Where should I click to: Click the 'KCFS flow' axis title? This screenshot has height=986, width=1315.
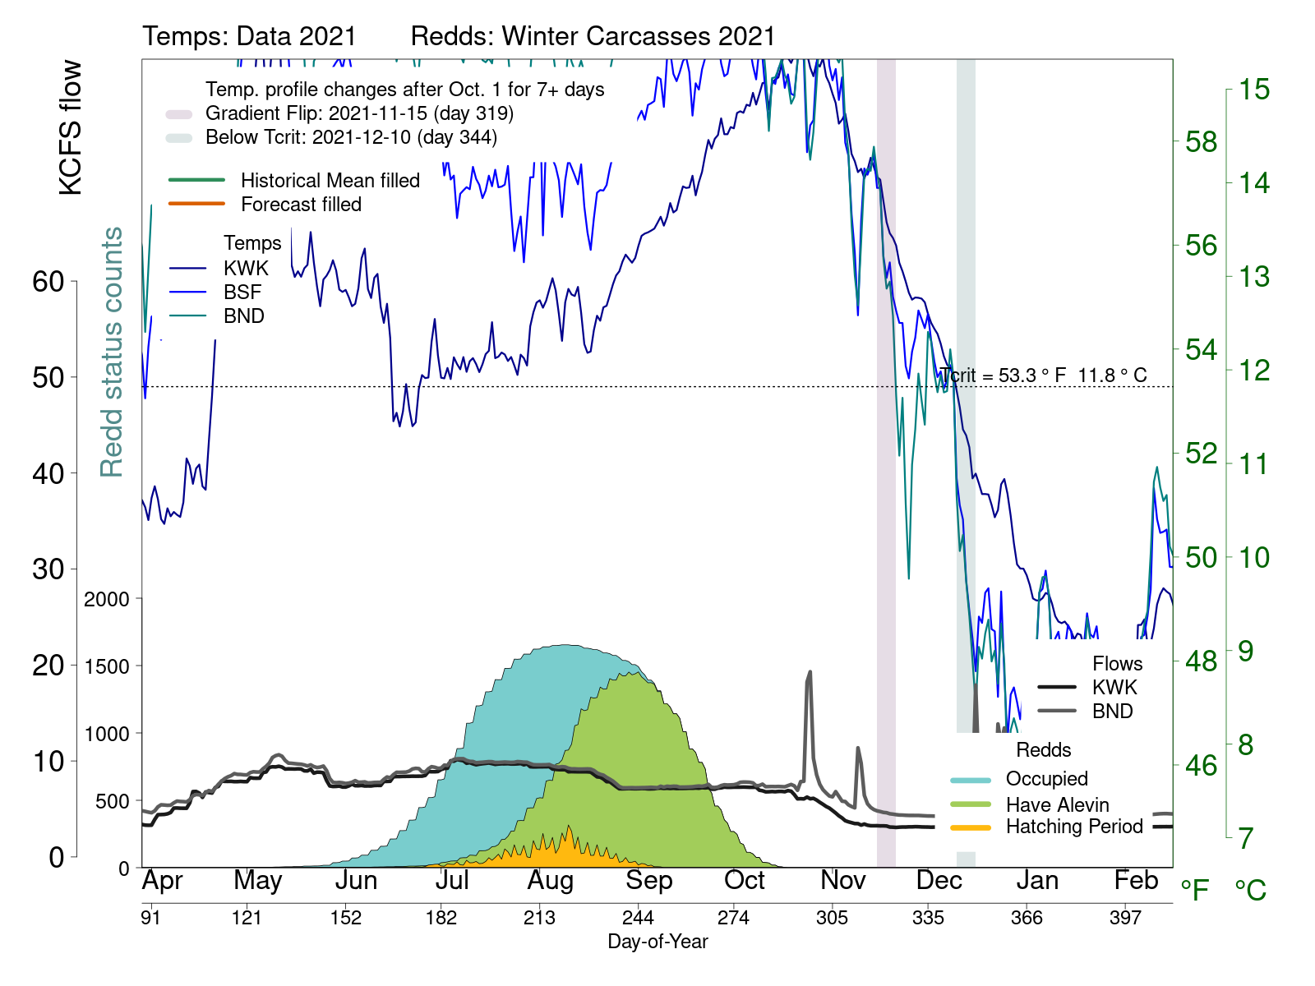pyautogui.click(x=72, y=127)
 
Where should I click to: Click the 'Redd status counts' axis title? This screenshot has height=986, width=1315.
pyautogui.click(x=111, y=352)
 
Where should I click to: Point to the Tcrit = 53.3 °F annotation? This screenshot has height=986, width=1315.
pyautogui.click(x=1043, y=376)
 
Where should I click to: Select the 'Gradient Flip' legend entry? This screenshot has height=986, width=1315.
pyautogui.click(x=359, y=113)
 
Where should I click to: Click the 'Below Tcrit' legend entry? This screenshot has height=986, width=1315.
pyautogui.click(x=351, y=137)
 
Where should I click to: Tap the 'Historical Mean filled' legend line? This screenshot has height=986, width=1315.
pyautogui.click(x=196, y=180)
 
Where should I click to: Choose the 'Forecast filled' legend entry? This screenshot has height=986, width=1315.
pyautogui.click(x=301, y=205)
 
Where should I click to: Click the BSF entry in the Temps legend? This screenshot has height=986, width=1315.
pyautogui.click(x=242, y=293)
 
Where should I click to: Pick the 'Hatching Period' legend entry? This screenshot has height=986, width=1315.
pyautogui.click(x=1074, y=827)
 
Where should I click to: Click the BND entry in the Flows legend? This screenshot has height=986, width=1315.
pyautogui.click(x=1112, y=712)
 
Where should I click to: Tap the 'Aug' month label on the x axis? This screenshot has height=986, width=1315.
pyautogui.click(x=550, y=881)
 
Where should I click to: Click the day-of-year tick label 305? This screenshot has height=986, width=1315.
pyautogui.click(x=832, y=918)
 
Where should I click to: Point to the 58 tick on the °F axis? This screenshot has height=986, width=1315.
pyautogui.click(x=1201, y=142)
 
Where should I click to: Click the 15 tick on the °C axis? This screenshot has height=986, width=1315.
pyautogui.click(x=1254, y=90)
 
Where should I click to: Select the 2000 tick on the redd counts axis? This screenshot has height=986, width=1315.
pyautogui.click(x=107, y=599)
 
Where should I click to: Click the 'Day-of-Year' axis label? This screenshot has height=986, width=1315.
pyautogui.click(x=657, y=942)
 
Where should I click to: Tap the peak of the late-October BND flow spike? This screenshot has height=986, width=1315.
pyautogui.click(x=810, y=672)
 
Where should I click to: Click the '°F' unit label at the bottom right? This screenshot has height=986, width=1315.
pyautogui.click(x=1195, y=890)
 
